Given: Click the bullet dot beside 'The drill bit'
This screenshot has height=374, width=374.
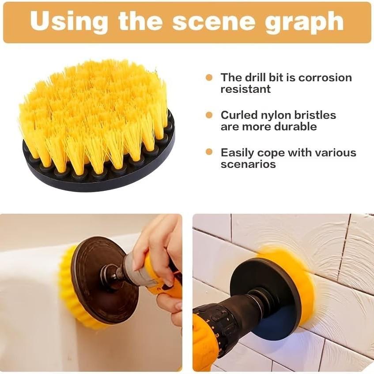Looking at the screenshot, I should point(209,78).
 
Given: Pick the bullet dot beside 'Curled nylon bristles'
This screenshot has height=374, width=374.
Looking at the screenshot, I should point(209,115).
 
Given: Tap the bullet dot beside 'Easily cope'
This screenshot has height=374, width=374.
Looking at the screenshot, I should point(209,152).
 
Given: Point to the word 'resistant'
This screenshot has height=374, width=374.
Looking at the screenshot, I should point(246,89).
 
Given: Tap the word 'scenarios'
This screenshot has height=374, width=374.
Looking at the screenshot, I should point(248,164).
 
